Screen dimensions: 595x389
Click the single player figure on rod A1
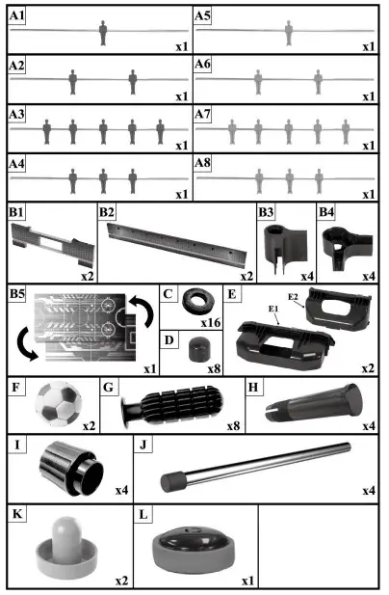pyautogui.click(x=103, y=35)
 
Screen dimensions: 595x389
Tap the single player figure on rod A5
pyautogui.click(x=288, y=35)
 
